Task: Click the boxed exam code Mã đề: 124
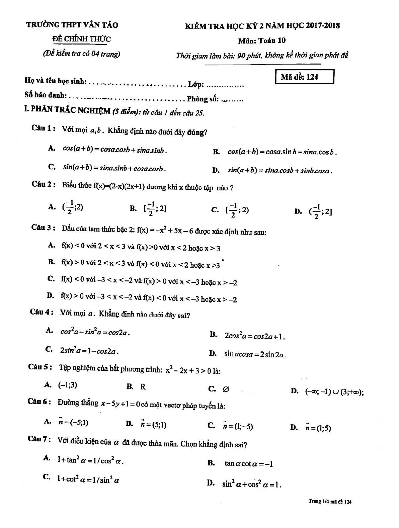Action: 304,77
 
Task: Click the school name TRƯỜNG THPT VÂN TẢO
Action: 72,25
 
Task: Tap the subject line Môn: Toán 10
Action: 262,40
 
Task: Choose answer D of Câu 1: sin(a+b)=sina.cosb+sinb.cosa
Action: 280,171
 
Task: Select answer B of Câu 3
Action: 141,264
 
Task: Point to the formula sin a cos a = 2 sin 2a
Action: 255,354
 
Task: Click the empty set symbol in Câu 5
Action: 226,389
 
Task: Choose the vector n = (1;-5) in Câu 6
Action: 238,426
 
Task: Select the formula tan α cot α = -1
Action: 249,464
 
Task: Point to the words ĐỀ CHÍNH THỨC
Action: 81,39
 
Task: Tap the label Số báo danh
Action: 46,95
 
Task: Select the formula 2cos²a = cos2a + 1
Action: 254,336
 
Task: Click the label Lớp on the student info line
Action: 195,85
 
